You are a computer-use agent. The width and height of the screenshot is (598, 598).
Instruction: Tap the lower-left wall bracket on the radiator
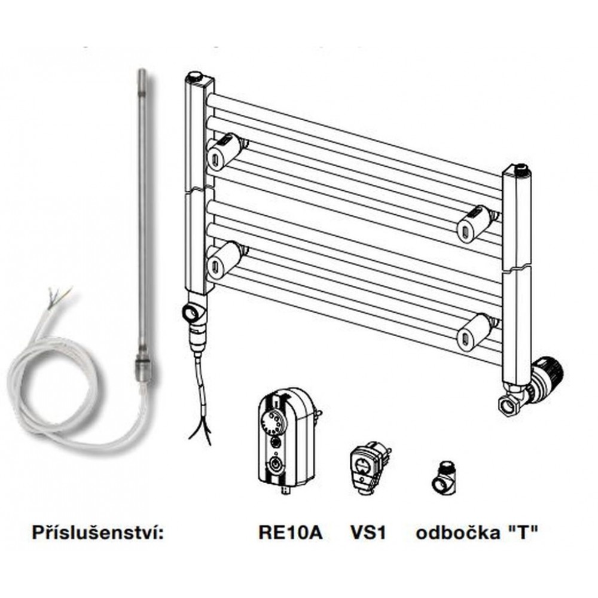[x=222, y=258]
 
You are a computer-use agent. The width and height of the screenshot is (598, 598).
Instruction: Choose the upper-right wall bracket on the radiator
[x=476, y=223]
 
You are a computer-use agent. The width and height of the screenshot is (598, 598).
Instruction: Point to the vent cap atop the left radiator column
[x=196, y=77]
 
